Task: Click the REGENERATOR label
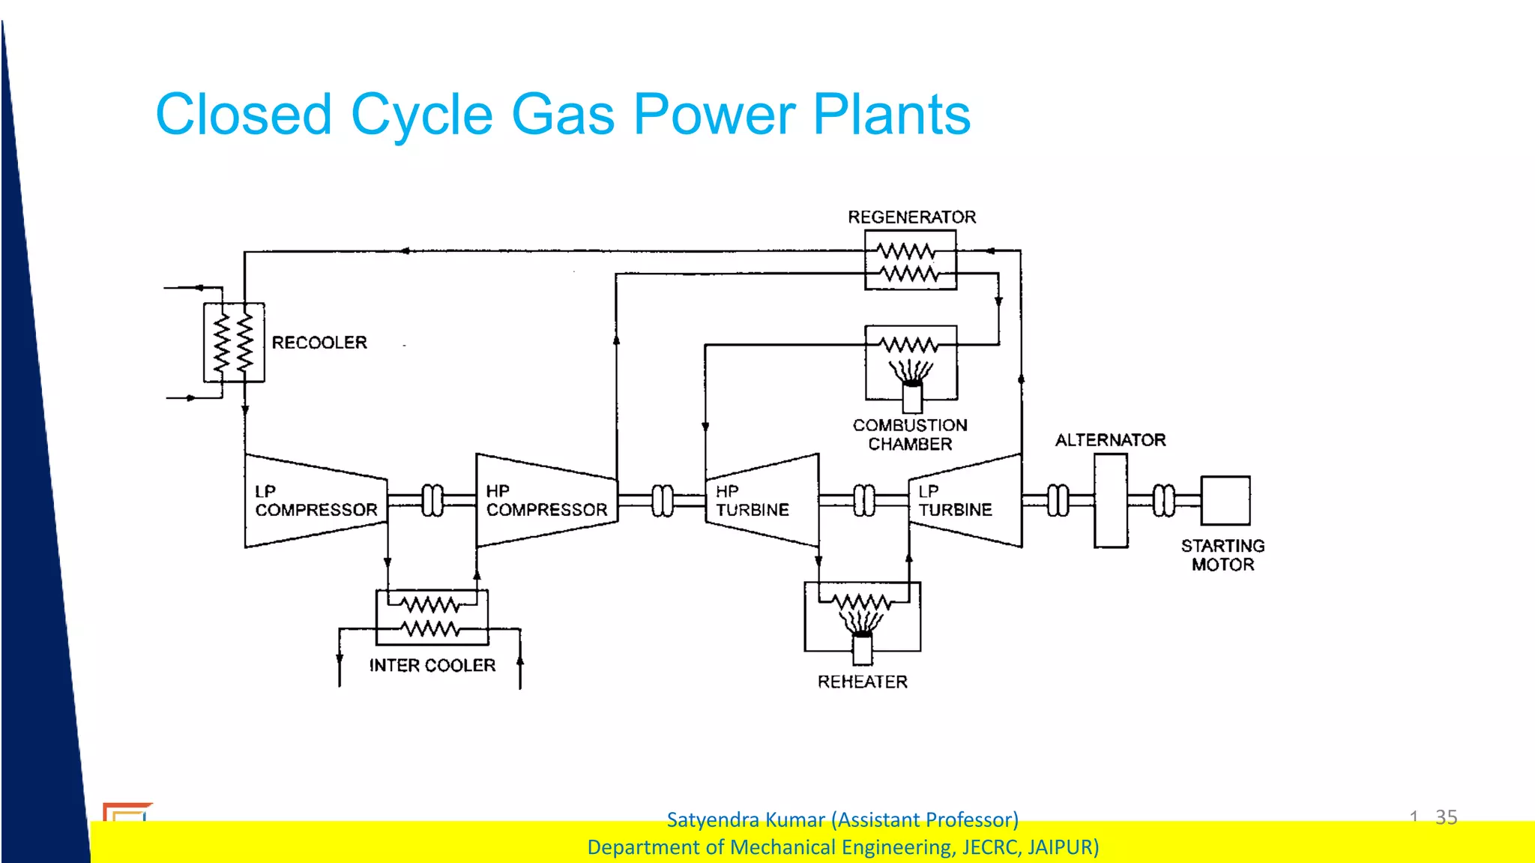(911, 217)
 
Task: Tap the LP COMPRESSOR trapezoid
(316, 501)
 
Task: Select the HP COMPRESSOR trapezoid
(546, 501)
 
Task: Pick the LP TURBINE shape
(965, 501)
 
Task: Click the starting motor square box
(1225, 500)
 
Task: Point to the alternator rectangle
(1110, 500)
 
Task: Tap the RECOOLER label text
(319, 343)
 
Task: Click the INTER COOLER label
(432, 666)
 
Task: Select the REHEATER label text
(862, 682)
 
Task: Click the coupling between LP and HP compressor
(432, 500)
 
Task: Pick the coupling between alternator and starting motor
(1164, 501)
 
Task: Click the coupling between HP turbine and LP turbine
(864, 501)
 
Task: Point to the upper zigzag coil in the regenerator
(907, 250)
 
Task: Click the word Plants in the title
(891, 115)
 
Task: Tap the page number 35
(1446, 817)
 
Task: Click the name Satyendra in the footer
(708, 820)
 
